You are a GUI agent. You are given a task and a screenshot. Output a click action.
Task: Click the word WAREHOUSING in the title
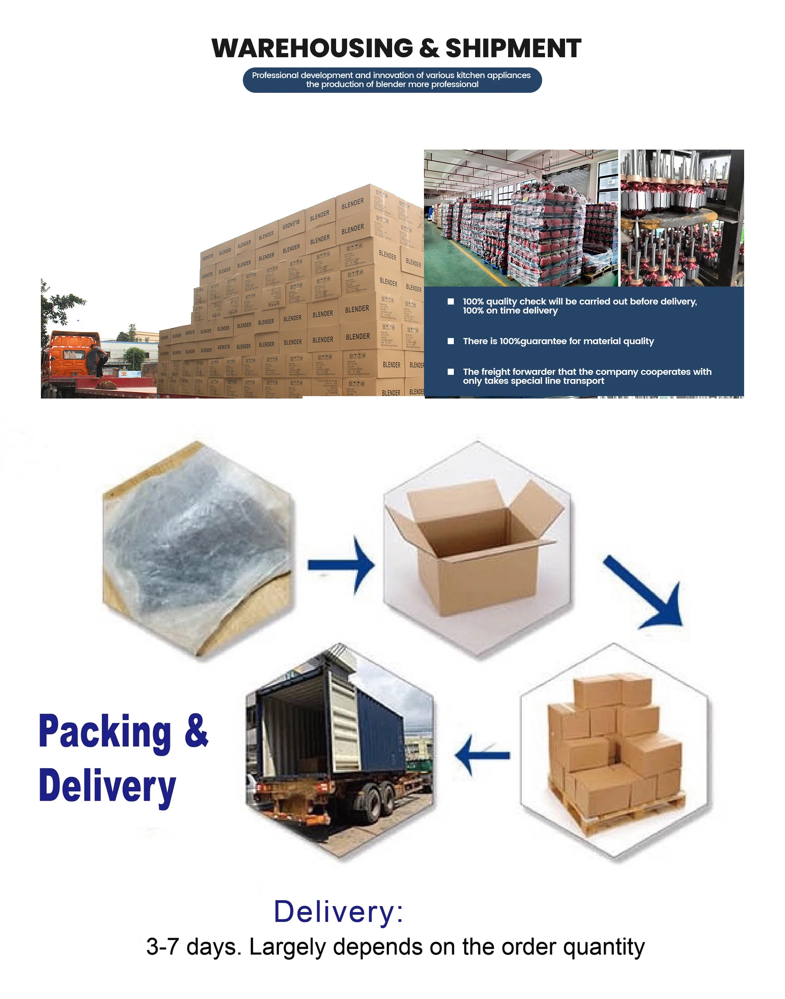[x=312, y=48]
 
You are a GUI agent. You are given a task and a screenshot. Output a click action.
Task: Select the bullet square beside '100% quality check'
[x=451, y=301]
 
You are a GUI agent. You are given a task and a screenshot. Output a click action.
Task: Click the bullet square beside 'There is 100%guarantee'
[x=451, y=341]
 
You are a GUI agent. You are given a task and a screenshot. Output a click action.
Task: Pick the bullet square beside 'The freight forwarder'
[x=451, y=372]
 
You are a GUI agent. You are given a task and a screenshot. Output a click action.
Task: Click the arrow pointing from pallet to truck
[x=482, y=755]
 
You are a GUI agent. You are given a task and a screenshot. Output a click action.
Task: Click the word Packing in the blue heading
[x=104, y=732]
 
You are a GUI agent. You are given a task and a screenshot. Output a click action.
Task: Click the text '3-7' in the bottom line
[x=162, y=947]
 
